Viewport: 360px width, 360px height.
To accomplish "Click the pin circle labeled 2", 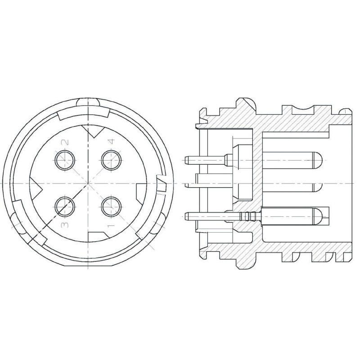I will point(65,159).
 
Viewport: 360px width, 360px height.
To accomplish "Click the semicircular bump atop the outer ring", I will point(88,102).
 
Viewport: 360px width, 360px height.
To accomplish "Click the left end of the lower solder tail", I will point(186,216).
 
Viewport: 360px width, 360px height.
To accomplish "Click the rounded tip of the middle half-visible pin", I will point(317,185).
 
